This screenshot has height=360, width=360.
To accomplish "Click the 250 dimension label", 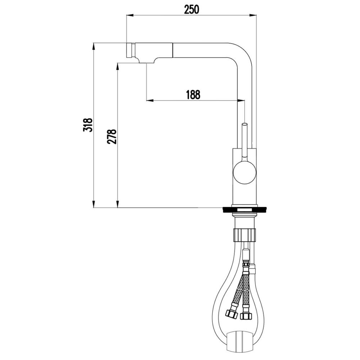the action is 192,9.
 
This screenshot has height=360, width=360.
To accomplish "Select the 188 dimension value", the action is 193,94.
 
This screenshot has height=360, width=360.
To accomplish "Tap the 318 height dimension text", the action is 88,125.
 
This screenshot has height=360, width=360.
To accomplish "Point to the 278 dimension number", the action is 112,136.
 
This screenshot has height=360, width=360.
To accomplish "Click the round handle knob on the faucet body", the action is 244,172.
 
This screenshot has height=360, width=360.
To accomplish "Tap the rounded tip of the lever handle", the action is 245,125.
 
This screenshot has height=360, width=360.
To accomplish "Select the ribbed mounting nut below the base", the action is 244,234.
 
